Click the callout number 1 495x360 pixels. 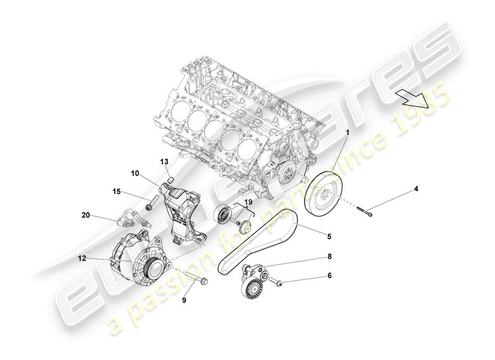tap(347, 133)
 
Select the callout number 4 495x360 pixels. tap(416, 189)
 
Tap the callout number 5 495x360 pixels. tap(329, 236)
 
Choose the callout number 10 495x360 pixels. tap(135, 173)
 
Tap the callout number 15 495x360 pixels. tap(117, 192)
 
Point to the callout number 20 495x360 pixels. tap(85, 215)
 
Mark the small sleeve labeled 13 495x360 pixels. tap(171, 181)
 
